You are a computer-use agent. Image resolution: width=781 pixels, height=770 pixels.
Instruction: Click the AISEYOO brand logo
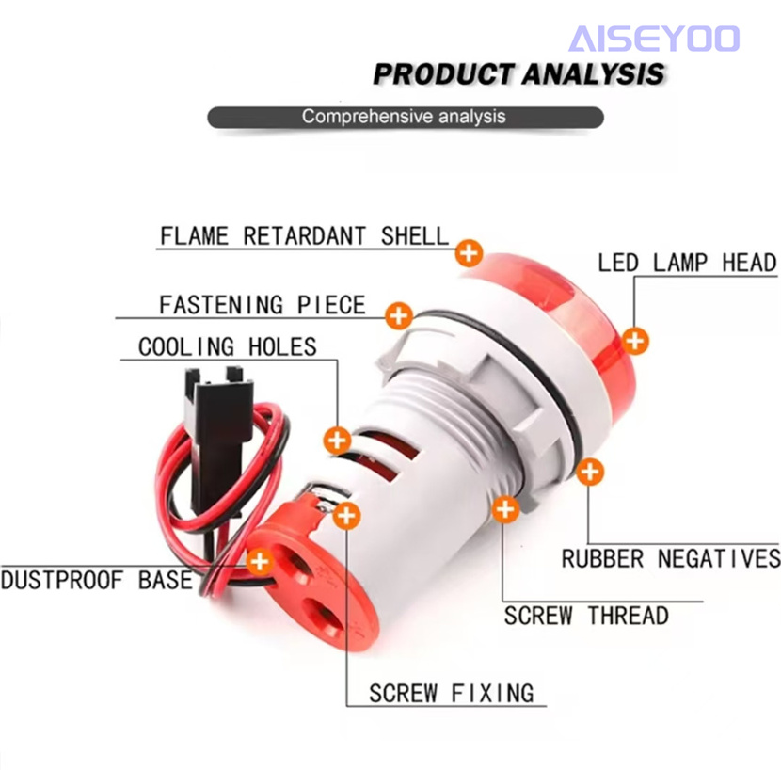(654, 39)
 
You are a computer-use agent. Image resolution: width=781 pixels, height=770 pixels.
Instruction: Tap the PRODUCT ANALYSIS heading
(518, 74)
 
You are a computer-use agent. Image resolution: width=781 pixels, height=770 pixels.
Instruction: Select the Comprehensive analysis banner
(406, 117)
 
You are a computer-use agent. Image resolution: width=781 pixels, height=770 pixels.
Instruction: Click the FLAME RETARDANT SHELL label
(304, 235)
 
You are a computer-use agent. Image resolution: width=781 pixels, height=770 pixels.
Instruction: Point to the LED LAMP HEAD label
(687, 263)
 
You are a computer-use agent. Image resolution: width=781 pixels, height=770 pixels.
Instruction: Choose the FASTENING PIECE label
(263, 304)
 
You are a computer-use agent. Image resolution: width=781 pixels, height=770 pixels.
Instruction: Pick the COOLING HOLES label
(228, 346)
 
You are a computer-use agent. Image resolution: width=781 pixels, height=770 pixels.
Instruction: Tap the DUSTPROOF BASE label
(97, 580)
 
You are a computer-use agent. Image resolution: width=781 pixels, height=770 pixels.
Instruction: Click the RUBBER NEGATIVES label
(671, 558)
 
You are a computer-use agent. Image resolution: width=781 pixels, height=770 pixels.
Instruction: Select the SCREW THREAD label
(586, 616)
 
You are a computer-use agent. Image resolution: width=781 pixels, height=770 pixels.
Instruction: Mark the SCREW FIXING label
(452, 693)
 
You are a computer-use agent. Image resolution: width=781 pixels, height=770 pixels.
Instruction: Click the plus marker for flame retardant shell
(469, 253)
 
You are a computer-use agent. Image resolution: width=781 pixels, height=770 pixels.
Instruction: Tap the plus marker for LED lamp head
(635, 341)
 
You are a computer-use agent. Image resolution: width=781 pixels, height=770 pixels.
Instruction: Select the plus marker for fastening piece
(399, 315)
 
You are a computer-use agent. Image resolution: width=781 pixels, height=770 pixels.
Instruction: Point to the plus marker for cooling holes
(337, 441)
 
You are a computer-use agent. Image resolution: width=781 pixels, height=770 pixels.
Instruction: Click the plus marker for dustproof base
(260, 562)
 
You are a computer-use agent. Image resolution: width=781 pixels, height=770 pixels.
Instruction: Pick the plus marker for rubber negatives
(590, 472)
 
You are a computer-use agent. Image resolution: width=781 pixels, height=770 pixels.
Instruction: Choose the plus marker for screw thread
(505, 509)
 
